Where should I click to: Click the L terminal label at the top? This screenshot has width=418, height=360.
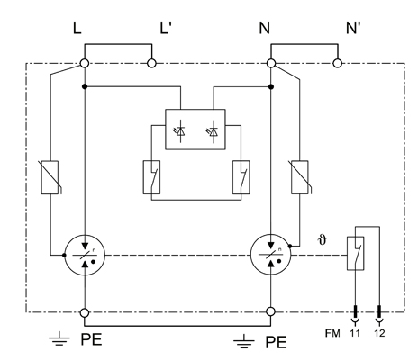[x=77, y=28]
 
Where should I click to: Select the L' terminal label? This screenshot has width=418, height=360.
[x=166, y=28]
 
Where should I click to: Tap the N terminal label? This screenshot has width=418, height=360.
[x=265, y=28]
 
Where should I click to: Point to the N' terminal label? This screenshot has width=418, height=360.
[x=353, y=28]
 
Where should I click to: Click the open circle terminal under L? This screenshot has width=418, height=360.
[x=85, y=64]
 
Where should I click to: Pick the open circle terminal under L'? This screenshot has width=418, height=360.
[x=151, y=64]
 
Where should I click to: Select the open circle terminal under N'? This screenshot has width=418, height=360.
[x=338, y=64]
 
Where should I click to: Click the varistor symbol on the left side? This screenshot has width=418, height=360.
[x=50, y=177]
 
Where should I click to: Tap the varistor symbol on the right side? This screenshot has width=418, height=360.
[x=300, y=177]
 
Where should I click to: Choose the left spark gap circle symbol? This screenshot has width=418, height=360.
[x=85, y=256]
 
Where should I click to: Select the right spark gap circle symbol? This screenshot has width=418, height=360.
[x=271, y=256]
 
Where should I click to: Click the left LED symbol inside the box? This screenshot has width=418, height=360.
[x=180, y=131]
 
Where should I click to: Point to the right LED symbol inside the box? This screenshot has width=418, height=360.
[x=214, y=131]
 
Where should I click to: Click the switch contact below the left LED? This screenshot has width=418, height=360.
[x=151, y=177]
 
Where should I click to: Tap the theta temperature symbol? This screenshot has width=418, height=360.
[x=323, y=240]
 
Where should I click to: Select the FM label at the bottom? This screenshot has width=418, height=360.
[x=332, y=333]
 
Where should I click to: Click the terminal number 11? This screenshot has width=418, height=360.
[x=355, y=333]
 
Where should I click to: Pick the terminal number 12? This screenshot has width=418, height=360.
[x=379, y=333]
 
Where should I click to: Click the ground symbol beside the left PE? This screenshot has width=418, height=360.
[x=59, y=339]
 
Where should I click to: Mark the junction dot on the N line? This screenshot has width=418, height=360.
[x=271, y=87]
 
